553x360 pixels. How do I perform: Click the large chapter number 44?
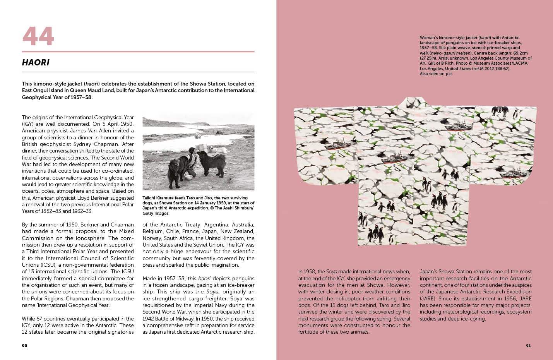pos(38,36)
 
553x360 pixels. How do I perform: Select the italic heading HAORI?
pos(36,63)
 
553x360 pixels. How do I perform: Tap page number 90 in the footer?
pos(24,345)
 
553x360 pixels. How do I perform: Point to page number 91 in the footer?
pos(528,345)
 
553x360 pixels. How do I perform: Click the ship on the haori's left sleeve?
pos(333,144)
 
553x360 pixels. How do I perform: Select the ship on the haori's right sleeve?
pos(510,171)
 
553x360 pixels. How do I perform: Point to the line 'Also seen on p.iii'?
pos(436,74)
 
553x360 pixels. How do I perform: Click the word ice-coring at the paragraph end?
pos(472,319)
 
